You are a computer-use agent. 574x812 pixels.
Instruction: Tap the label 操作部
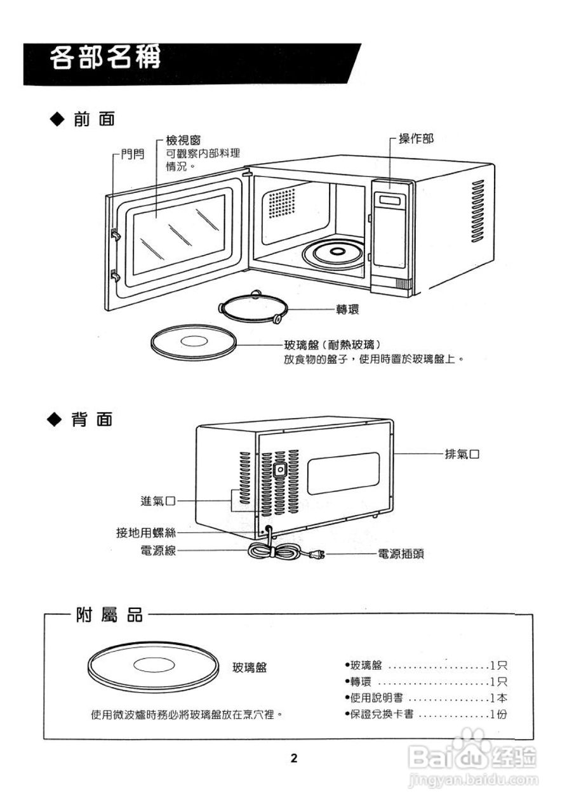click(x=416, y=139)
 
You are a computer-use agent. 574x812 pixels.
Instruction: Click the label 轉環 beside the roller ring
click(x=347, y=310)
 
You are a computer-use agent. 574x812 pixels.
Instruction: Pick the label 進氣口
click(x=157, y=501)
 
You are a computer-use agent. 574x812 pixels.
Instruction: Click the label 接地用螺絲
click(x=145, y=533)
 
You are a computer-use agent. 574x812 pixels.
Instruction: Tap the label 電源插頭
click(x=400, y=554)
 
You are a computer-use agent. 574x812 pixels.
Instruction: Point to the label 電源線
click(x=157, y=550)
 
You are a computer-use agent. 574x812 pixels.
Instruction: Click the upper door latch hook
click(x=116, y=234)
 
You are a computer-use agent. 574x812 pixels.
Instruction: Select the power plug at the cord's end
click(x=317, y=556)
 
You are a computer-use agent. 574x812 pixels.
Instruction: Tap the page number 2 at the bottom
click(x=294, y=758)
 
